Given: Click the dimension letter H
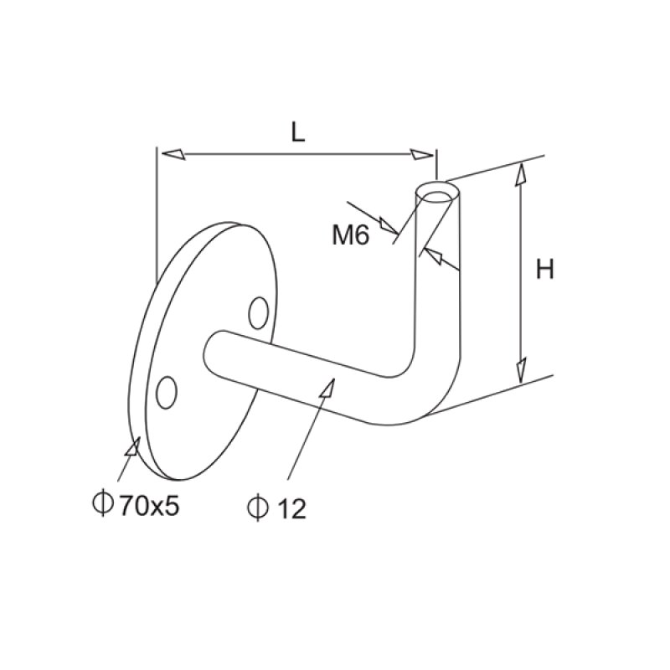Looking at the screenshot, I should click(x=545, y=270).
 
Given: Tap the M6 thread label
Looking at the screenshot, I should click(x=350, y=235).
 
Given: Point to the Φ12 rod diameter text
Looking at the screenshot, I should click(x=277, y=508).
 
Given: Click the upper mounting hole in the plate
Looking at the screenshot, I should click(x=259, y=312).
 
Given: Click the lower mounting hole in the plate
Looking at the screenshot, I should click(x=167, y=392).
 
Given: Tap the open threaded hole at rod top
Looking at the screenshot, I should click(x=438, y=197).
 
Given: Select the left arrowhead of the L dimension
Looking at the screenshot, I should click(x=172, y=153).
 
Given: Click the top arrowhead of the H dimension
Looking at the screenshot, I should click(x=521, y=173).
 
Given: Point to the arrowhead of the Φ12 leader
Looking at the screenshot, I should click(x=330, y=387).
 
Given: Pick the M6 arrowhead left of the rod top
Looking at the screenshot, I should click(x=389, y=224).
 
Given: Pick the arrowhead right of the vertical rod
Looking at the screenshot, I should click(x=430, y=254).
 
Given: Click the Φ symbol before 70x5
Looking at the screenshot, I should click(x=102, y=505).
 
